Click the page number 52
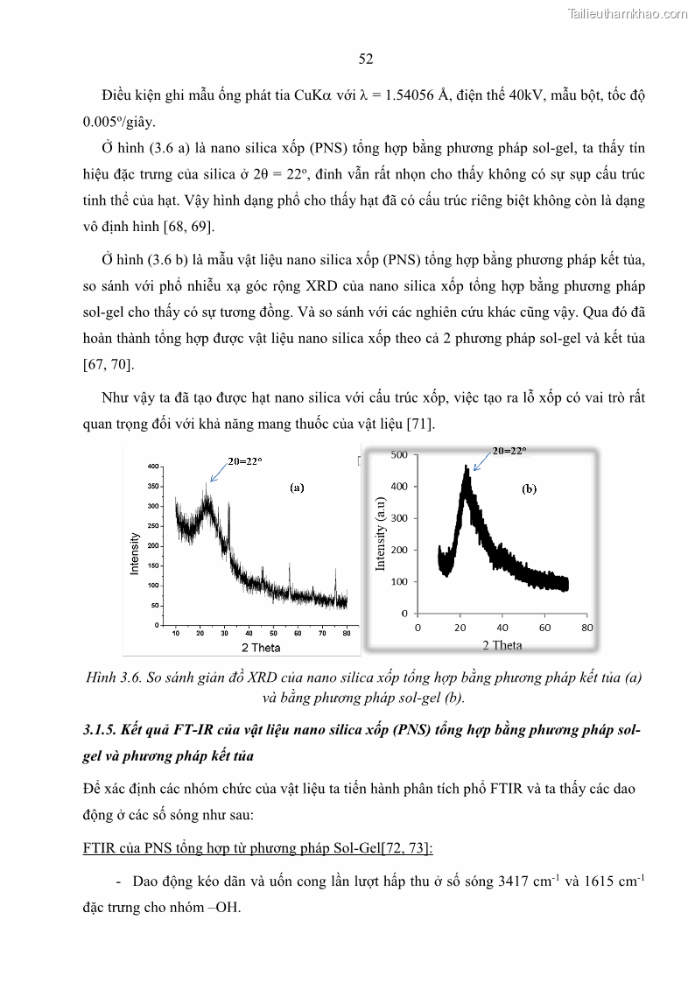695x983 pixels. pyautogui.click(x=366, y=59)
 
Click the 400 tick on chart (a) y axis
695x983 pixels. pyautogui.click(x=153, y=467)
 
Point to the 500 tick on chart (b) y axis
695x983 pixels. pyautogui.click(x=398, y=454)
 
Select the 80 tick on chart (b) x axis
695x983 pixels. pyautogui.click(x=587, y=628)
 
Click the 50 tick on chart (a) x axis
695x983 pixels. pyautogui.click(x=273, y=632)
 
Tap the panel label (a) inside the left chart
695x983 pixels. pyautogui.click(x=297, y=489)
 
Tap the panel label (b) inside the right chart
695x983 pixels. pyautogui.click(x=530, y=490)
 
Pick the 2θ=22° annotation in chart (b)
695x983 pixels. pyautogui.click(x=509, y=451)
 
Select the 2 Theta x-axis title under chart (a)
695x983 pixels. pyautogui.click(x=261, y=648)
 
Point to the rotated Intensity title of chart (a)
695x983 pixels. pyautogui.click(x=135, y=553)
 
